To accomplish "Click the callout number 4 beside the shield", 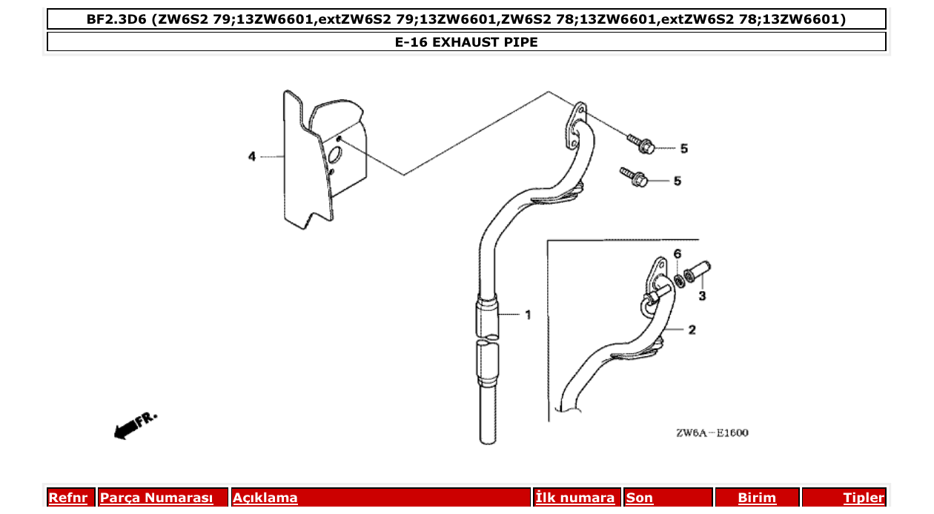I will click(x=252, y=156).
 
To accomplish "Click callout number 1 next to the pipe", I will click(x=528, y=315).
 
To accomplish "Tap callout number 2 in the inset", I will click(x=692, y=330).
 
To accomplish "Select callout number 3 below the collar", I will click(x=702, y=296).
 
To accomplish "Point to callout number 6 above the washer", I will click(x=677, y=254).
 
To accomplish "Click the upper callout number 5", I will click(x=683, y=149).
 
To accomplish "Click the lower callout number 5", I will click(x=677, y=181).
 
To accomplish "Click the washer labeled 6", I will click(x=679, y=280).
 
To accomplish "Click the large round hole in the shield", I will click(x=334, y=156).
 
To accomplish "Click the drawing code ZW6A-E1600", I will click(x=712, y=433).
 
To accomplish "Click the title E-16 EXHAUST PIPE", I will click(x=466, y=42).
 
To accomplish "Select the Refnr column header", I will click(x=68, y=498).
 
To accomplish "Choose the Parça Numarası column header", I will click(x=156, y=498).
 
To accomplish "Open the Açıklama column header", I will click(x=265, y=498).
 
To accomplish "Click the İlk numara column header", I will click(x=575, y=498).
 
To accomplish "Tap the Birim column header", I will click(x=757, y=498).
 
